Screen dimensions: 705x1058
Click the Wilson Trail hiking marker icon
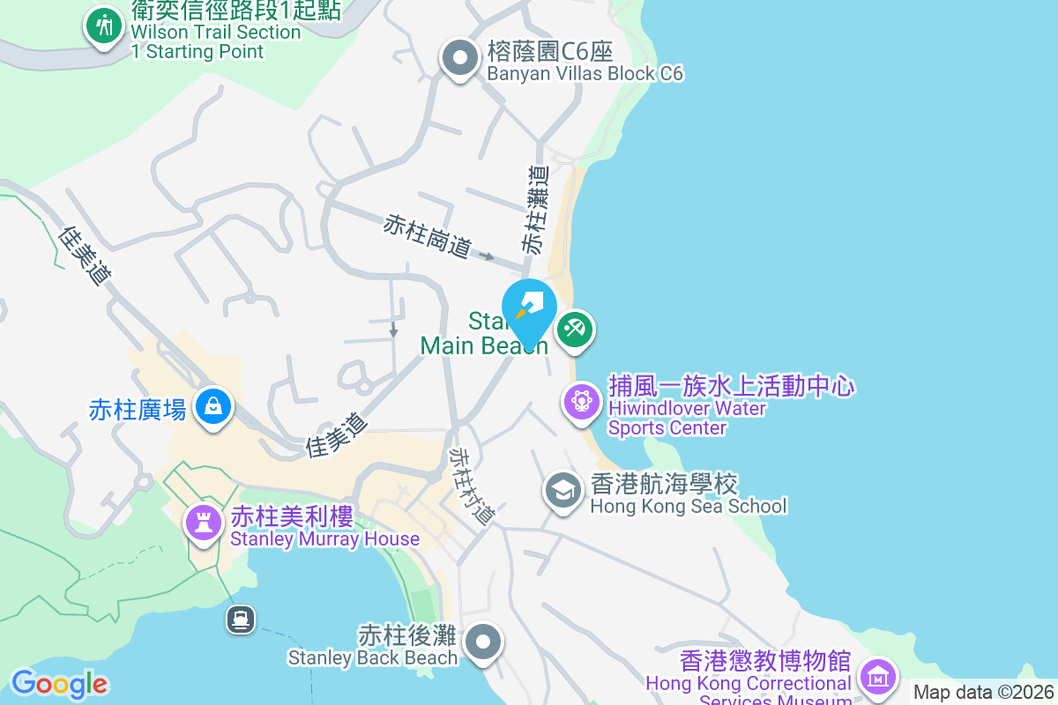click(104, 26)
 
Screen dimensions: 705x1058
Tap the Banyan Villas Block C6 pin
click(458, 58)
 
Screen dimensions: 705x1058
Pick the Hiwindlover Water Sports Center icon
click(581, 402)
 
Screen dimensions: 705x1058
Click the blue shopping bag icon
click(212, 406)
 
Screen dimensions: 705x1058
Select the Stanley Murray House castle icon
click(204, 523)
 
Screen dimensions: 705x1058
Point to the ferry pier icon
click(240, 619)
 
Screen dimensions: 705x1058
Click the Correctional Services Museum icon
click(878, 677)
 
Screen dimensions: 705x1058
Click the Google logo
click(59, 684)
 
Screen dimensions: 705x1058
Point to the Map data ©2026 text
click(982, 692)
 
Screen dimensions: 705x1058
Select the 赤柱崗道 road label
click(427, 236)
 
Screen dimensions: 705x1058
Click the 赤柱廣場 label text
click(138, 410)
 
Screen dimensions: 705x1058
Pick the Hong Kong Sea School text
click(688, 506)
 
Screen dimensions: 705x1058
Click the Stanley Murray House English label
click(324, 538)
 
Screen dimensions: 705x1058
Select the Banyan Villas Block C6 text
click(585, 73)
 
